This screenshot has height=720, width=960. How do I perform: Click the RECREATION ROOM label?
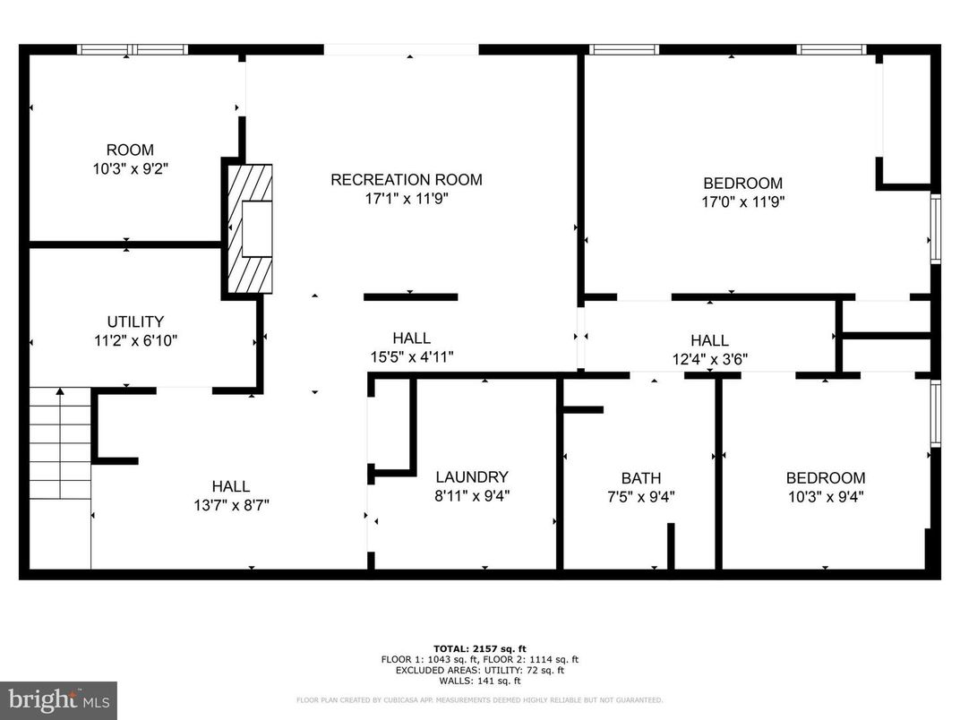tap(406, 180)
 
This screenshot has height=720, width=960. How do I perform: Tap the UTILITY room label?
tap(135, 321)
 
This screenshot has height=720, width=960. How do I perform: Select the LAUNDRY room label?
tap(472, 477)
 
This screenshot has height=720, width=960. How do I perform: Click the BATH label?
tap(641, 478)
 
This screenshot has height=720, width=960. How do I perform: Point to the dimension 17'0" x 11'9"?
tap(742, 202)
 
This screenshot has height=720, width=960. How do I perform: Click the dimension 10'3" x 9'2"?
tap(130, 168)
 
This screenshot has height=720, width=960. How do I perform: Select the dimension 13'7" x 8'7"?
tap(231, 504)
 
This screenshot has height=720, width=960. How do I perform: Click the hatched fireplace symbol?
tap(248, 230)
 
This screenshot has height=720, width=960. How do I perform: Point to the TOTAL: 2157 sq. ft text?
tap(480, 648)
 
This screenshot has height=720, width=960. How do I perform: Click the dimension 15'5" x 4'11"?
tap(411, 356)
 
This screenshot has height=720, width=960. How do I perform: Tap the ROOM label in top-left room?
tap(130, 150)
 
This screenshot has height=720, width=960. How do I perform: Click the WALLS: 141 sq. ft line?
tap(480, 680)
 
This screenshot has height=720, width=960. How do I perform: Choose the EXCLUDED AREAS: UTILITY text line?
tap(480, 669)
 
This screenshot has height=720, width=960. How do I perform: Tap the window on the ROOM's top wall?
tap(132, 49)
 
